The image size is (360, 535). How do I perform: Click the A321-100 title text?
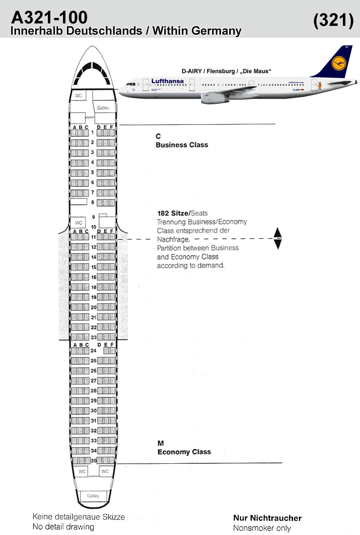(x=49, y=17)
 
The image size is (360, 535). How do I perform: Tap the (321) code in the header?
(x=333, y=20)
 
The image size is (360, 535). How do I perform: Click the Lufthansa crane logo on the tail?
(x=339, y=63)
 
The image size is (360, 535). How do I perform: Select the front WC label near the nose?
(x=79, y=96)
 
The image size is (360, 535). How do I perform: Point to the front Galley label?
(x=103, y=108)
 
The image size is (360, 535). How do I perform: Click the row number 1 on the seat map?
(x=92, y=132)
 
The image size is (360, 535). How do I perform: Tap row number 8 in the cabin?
(x=92, y=202)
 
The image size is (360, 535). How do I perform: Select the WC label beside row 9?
(x=79, y=223)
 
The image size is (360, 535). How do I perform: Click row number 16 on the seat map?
(x=94, y=277)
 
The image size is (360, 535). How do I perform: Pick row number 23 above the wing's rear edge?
(x=94, y=337)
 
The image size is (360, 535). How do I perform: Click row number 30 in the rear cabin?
(x=94, y=411)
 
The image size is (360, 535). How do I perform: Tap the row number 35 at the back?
(x=94, y=460)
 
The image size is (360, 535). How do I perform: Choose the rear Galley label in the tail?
(x=93, y=495)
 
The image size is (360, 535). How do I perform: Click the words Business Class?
(x=182, y=144)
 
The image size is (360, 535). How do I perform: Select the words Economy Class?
(x=184, y=452)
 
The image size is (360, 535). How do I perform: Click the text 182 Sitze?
(x=173, y=213)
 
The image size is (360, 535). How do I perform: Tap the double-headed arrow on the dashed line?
(x=277, y=238)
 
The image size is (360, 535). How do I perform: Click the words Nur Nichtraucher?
(x=268, y=518)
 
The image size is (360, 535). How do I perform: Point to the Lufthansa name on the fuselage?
(x=168, y=81)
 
